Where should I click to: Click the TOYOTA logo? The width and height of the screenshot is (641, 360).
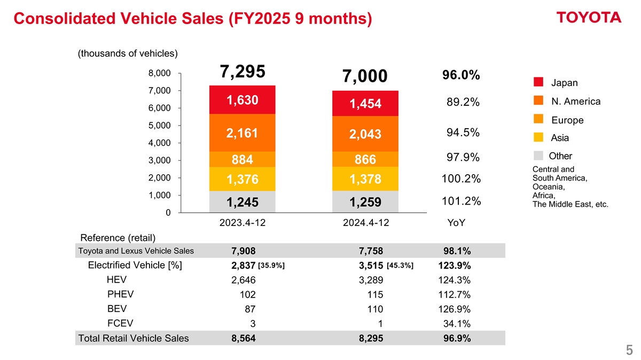589,18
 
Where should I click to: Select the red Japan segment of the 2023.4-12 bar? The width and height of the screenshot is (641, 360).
242,100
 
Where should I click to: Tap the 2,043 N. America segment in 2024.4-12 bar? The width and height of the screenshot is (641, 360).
365,135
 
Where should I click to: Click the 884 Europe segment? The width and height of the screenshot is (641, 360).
242,160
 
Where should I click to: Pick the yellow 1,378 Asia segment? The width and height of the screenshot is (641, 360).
365,179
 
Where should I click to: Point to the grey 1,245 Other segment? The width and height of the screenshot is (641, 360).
242,202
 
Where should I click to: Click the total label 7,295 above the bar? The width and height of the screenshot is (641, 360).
242,73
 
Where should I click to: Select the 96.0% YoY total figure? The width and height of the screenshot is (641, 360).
461,76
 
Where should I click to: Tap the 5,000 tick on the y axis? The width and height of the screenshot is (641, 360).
160,126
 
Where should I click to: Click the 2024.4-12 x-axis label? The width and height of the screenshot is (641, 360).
366,223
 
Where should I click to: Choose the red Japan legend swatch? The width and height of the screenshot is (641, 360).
538,82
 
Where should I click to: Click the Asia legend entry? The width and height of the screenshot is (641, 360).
560,138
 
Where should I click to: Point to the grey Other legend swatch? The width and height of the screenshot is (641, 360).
538,155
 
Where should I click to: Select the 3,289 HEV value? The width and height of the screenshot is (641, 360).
371,280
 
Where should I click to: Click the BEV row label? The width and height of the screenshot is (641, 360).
117,309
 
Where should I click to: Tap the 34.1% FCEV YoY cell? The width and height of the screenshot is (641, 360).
457,324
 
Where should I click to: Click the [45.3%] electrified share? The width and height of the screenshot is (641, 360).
399,265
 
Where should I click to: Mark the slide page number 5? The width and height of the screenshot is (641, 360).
629,350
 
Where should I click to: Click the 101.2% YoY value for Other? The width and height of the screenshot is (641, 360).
461,201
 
